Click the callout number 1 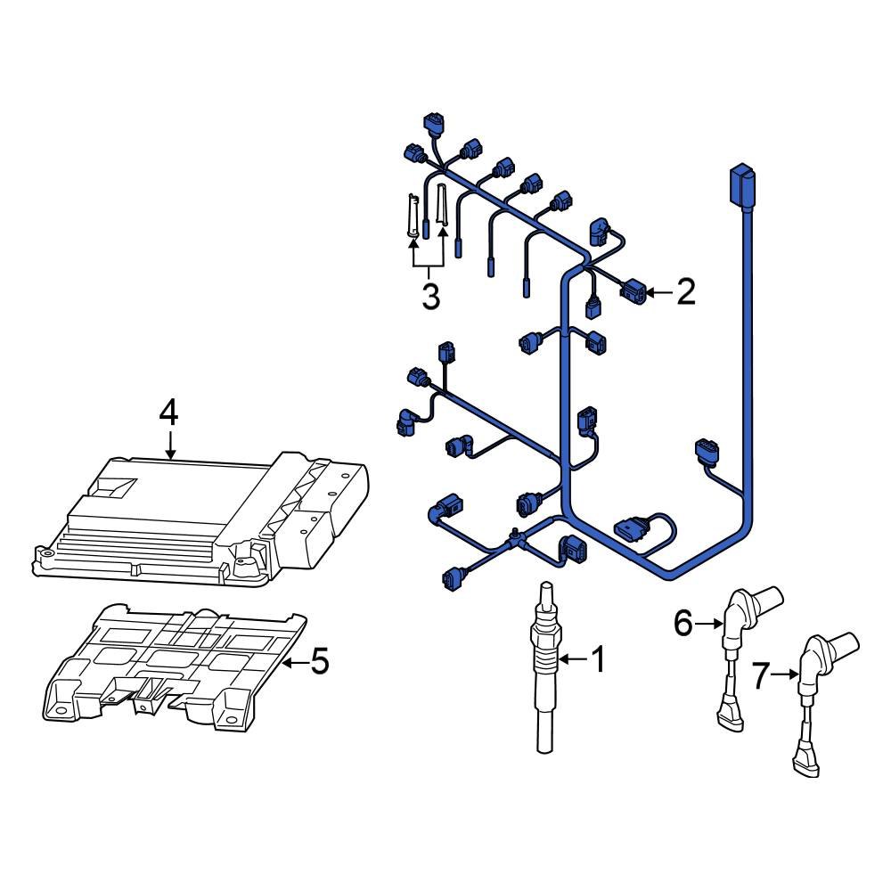tap(598, 660)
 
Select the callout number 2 tap(685, 291)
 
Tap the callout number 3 tap(430, 296)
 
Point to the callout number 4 tap(168, 412)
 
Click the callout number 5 tap(318, 661)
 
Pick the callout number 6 tap(683, 625)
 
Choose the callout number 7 tap(758, 676)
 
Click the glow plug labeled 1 tap(544, 668)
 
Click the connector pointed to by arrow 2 tap(632, 290)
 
